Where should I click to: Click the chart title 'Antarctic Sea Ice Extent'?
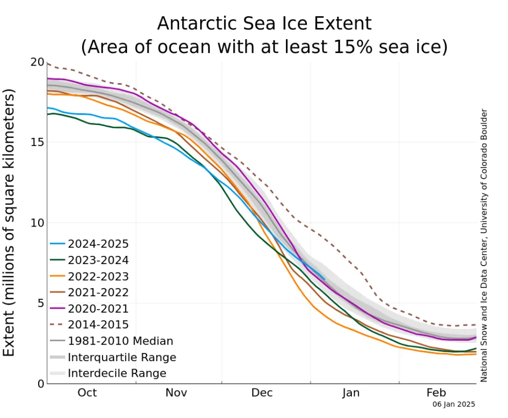pyautogui.click(x=264, y=24)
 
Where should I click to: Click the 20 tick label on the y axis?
pyautogui.click(x=36, y=62)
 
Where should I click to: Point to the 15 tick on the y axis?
pyautogui.click(x=36, y=142)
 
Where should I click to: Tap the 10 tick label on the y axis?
pyautogui.click(x=36, y=223)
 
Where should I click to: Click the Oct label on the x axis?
pyautogui.click(x=87, y=393)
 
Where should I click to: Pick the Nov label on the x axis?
pyautogui.click(x=176, y=393)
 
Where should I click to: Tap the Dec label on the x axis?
pyautogui.click(x=263, y=393)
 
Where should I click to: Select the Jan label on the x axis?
pyautogui.click(x=351, y=393)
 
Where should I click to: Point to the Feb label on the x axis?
pyautogui.click(x=437, y=393)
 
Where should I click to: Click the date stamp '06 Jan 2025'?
pyautogui.click(x=454, y=405)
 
